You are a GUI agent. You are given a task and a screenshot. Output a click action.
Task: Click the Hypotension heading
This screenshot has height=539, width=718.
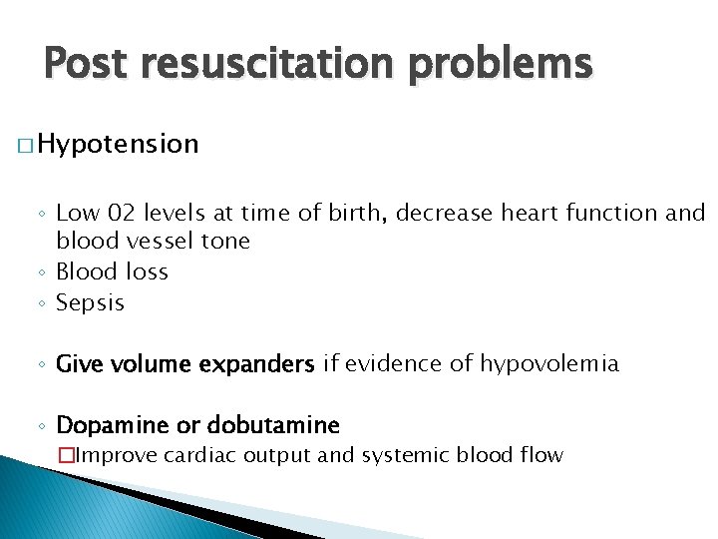(x=121, y=145)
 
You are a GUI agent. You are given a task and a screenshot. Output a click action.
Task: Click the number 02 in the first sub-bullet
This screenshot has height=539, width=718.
(x=124, y=213)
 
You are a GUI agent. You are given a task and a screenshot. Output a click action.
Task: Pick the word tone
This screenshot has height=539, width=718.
(x=226, y=242)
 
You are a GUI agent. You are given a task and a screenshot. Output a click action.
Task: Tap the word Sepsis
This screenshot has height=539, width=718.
(x=91, y=302)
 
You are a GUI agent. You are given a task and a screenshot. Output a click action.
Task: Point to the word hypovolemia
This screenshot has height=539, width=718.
(x=549, y=364)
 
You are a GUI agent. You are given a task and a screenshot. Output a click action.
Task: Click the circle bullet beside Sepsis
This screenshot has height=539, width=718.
(x=44, y=303)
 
